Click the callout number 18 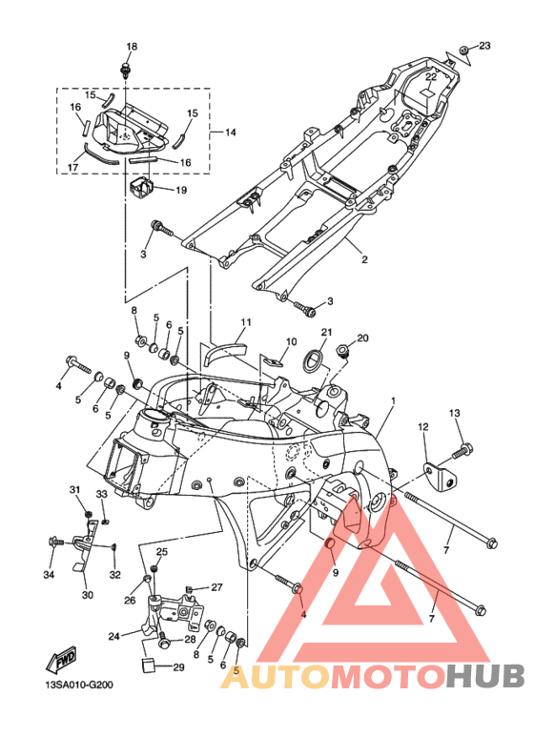[x=132, y=47]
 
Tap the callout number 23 [x=484, y=46]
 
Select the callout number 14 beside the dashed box [x=231, y=133]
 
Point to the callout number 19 [x=181, y=190]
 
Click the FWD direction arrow [x=61, y=662]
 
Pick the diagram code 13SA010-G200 [x=79, y=685]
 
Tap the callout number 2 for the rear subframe [x=364, y=259]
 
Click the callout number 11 [x=246, y=322]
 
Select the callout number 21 [x=327, y=333]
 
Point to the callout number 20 [x=362, y=338]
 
